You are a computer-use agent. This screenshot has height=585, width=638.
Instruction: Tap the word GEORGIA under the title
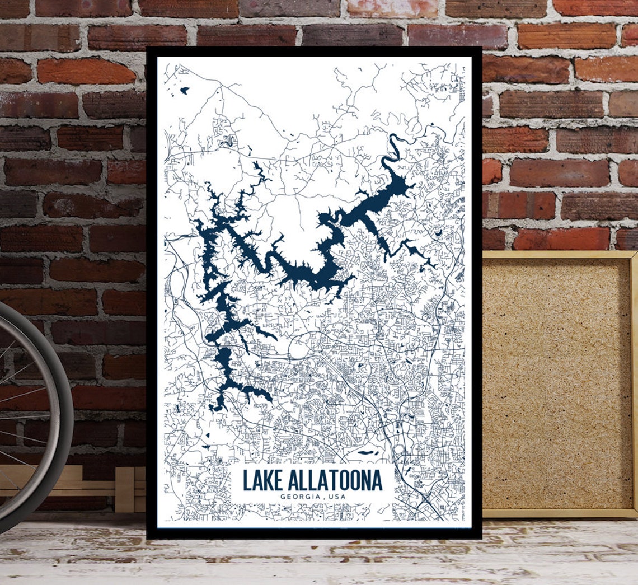[299, 497]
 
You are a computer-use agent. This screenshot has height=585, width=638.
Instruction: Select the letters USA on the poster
[337, 497]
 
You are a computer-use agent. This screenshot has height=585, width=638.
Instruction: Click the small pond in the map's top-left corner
[184, 90]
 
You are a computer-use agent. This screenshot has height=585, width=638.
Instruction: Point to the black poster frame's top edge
[313, 51]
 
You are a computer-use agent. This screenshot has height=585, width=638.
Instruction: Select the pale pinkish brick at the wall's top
[392, 8]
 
